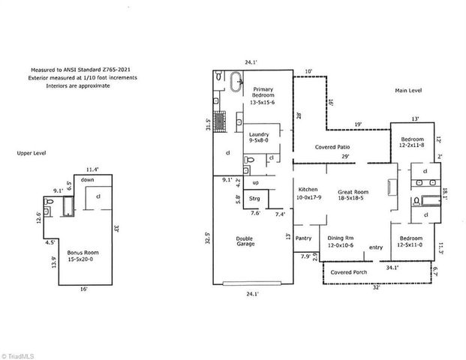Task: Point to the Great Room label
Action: tap(351, 194)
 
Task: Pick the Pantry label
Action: tap(303, 238)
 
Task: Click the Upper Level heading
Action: tap(32, 153)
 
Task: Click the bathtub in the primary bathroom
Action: tap(236, 79)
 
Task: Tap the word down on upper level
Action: tap(87, 180)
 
